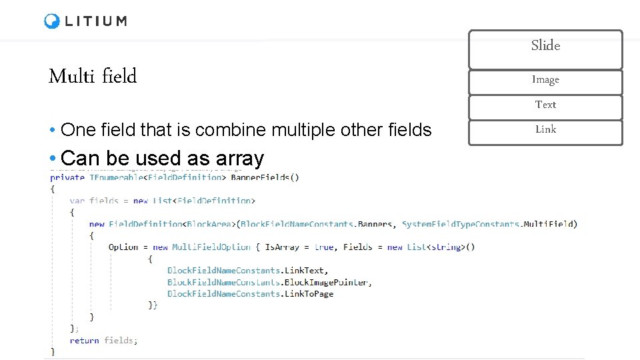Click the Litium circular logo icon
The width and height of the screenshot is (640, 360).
click(x=52, y=21)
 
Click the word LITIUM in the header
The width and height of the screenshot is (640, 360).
click(x=96, y=21)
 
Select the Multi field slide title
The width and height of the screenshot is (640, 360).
click(x=92, y=77)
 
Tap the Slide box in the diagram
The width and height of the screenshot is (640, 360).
click(x=545, y=46)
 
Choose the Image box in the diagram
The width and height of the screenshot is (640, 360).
click(x=545, y=80)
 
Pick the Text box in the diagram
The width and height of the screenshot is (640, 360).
click(x=545, y=105)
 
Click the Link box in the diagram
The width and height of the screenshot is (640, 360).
click(x=545, y=129)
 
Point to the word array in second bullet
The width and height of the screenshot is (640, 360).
click(x=240, y=159)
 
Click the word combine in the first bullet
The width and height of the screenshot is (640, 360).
click(x=228, y=130)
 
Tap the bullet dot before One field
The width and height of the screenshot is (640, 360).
click(x=52, y=130)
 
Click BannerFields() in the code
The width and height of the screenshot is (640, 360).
click(x=265, y=177)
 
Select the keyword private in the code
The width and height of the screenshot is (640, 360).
click(x=67, y=177)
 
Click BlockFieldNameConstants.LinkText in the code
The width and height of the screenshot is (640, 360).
click(x=247, y=270)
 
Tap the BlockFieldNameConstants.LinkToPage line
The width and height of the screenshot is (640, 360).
click(x=250, y=294)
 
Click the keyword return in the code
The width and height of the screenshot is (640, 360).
click(x=84, y=341)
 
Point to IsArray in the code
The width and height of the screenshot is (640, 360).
click(x=279, y=247)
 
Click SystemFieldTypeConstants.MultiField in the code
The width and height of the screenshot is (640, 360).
click(x=489, y=224)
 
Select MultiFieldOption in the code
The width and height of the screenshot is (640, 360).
click(x=211, y=247)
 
